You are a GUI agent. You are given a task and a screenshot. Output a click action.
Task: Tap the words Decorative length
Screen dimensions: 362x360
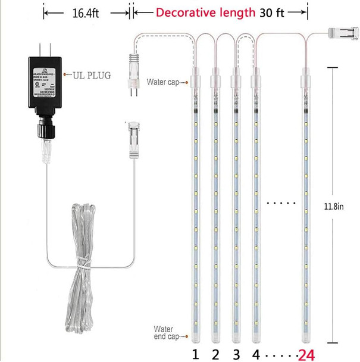(x=205, y=12)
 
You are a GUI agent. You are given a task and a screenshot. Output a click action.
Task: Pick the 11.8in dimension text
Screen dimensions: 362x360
(x=335, y=206)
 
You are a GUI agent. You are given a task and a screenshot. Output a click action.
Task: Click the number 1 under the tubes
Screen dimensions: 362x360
(x=195, y=354)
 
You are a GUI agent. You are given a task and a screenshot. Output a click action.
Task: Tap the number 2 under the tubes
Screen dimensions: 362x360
(x=215, y=354)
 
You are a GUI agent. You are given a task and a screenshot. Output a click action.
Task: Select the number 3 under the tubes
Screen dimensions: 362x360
(x=236, y=354)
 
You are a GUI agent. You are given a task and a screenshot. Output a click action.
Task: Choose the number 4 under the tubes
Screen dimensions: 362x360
(x=256, y=354)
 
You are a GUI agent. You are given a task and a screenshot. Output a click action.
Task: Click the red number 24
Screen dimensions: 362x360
(x=306, y=354)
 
